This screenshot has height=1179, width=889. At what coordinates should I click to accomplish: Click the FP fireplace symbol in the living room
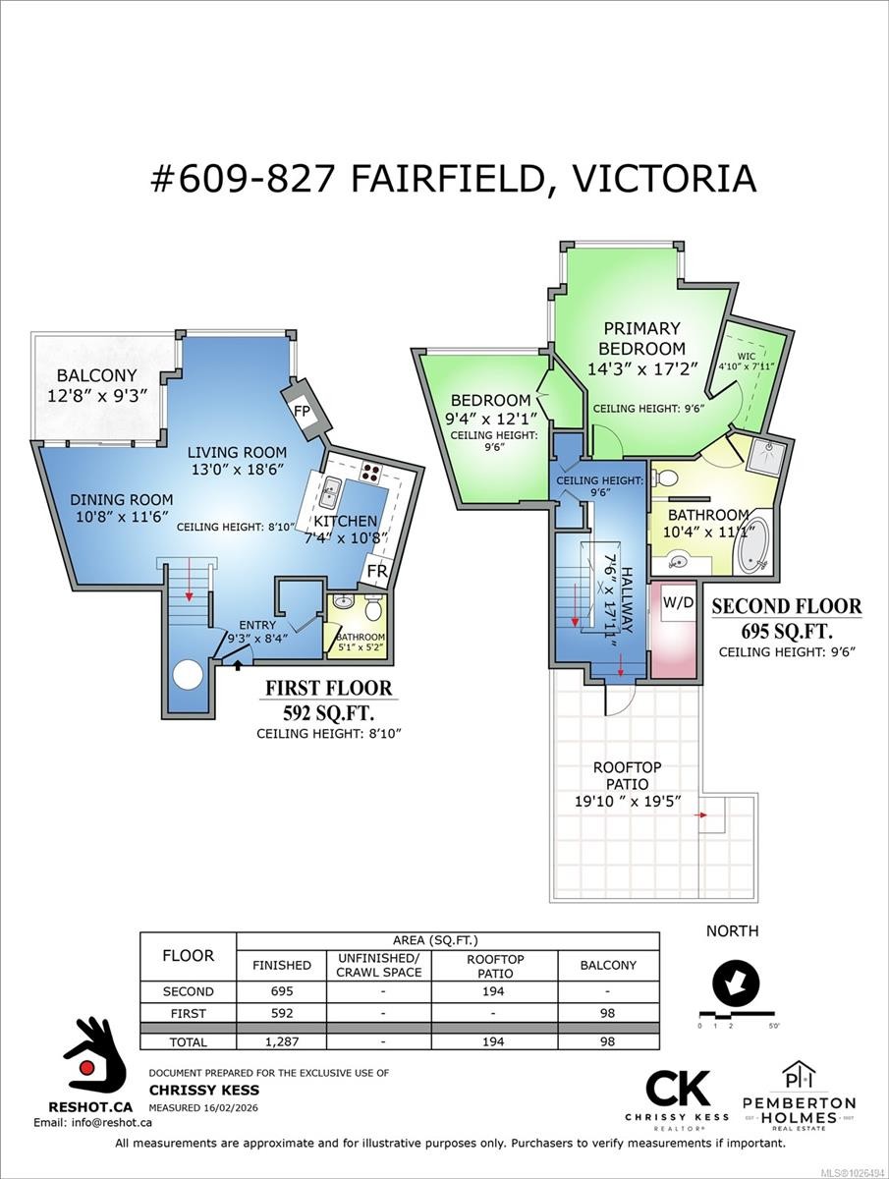(302, 411)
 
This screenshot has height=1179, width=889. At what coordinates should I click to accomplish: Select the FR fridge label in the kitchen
(376, 571)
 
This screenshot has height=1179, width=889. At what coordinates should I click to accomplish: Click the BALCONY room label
(96, 375)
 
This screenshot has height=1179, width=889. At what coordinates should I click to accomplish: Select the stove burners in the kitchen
(371, 471)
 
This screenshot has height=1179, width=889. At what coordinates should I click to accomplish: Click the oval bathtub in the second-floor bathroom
(754, 538)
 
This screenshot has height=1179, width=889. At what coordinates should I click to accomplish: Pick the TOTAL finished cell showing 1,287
(282, 1041)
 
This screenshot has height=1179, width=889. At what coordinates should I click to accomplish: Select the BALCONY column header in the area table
(608, 965)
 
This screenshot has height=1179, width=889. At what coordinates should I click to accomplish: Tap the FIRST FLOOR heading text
(329, 689)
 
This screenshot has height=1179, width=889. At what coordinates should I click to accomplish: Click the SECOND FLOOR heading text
(786, 607)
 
